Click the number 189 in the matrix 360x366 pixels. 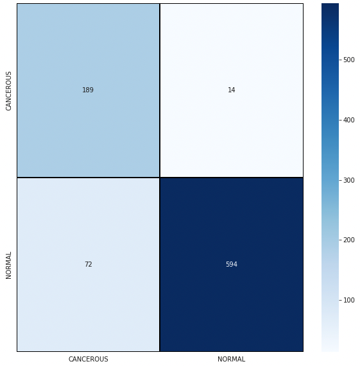(x=88, y=90)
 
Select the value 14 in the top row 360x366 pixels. (x=231, y=90)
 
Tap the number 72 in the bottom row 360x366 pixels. (x=88, y=264)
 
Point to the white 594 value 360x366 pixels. (x=231, y=264)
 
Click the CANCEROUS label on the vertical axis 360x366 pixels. (x=9, y=90)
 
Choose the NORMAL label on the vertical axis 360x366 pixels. (x=9, y=264)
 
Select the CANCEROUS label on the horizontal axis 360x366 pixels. (x=88, y=359)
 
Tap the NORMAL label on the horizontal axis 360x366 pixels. (x=231, y=359)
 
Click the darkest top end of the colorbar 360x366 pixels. (x=330, y=6)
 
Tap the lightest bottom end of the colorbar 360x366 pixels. (x=330, y=349)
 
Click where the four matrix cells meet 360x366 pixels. (x=160, y=177)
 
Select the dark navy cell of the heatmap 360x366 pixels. (x=231, y=301)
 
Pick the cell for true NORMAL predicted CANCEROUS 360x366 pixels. (x=88, y=301)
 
